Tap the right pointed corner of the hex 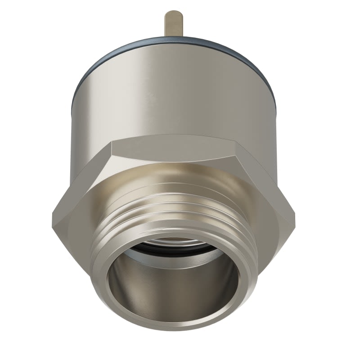(x=295, y=211)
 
